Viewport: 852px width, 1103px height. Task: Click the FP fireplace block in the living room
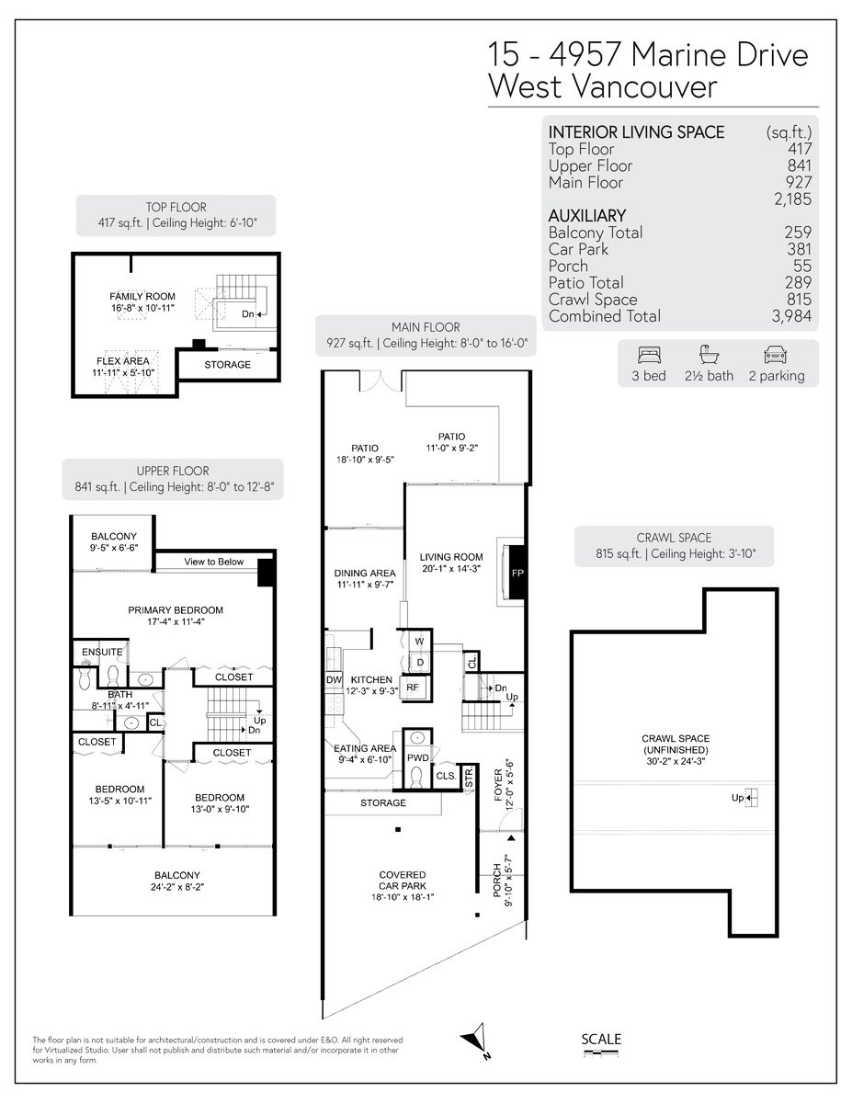click(517, 572)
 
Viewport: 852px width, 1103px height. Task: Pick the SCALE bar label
click(601, 1039)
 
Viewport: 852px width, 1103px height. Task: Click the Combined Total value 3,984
click(791, 316)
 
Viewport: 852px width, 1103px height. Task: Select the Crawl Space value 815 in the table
click(799, 300)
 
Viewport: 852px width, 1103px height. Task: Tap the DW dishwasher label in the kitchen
click(334, 679)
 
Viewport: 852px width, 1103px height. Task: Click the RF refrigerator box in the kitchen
click(413, 688)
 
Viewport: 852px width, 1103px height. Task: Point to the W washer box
click(419, 641)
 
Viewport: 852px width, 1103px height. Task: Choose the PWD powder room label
click(417, 757)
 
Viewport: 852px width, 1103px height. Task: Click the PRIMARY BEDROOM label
click(176, 610)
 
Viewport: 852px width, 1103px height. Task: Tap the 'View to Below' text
click(213, 562)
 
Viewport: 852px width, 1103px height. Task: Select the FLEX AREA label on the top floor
click(123, 361)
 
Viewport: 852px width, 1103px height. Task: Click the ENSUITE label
click(102, 652)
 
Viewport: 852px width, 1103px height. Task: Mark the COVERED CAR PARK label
click(403, 881)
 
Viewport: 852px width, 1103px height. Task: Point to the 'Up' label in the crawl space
click(737, 798)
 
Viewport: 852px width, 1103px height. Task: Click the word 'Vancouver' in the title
click(644, 86)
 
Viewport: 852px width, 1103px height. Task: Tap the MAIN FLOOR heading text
click(426, 327)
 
